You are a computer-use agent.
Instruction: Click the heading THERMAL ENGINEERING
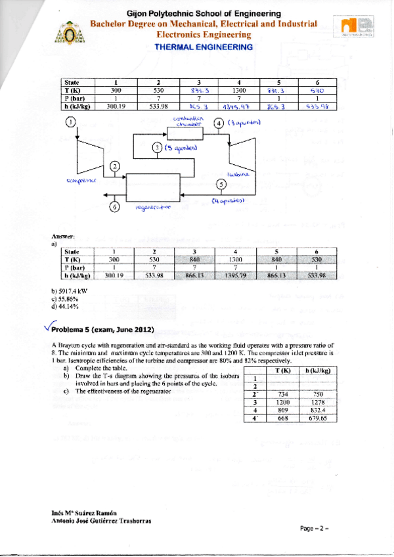(203, 47)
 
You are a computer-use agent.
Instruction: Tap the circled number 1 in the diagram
(71, 122)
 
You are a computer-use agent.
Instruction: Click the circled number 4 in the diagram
(219, 123)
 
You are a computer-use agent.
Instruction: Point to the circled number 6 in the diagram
(115, 207)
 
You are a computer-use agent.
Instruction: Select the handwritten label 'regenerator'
(152, 208)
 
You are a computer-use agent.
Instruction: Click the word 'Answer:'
(61, 235)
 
